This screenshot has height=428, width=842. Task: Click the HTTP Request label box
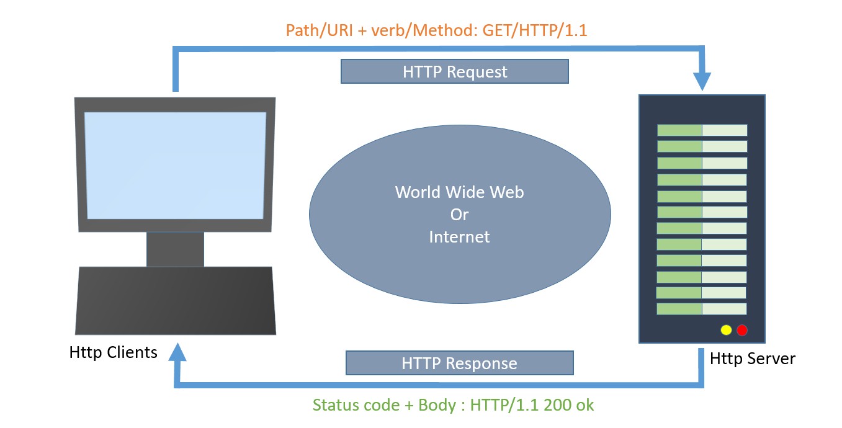[454, 71]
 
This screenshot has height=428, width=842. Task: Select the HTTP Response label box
[459, 363]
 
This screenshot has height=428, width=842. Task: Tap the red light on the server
[741, 330]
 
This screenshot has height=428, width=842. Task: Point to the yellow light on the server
[726, 330]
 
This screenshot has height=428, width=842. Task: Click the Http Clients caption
[114, 352]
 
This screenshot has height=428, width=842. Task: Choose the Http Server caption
[752, 358]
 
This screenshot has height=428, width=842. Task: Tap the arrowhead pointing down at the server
[702, 81]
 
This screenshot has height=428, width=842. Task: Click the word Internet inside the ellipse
[459, 236]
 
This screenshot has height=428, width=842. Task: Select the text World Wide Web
[459, 192]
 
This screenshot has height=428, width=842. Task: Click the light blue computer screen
[176, 165]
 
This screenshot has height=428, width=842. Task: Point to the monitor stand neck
[175, 249]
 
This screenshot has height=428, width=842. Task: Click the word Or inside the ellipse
[459, 215]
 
